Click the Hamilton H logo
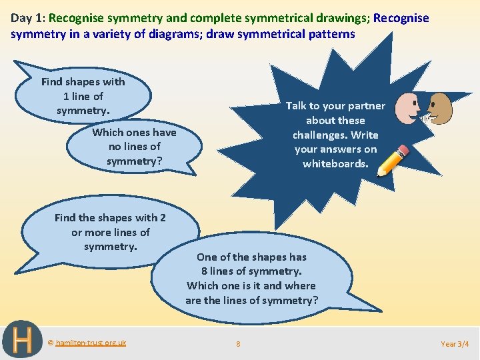21,340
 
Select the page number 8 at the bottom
238,344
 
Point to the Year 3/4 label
455,344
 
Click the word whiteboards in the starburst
335,164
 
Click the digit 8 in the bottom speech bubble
205,271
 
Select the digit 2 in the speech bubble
163,218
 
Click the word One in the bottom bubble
207,257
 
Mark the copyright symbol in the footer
51,343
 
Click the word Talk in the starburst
297,106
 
